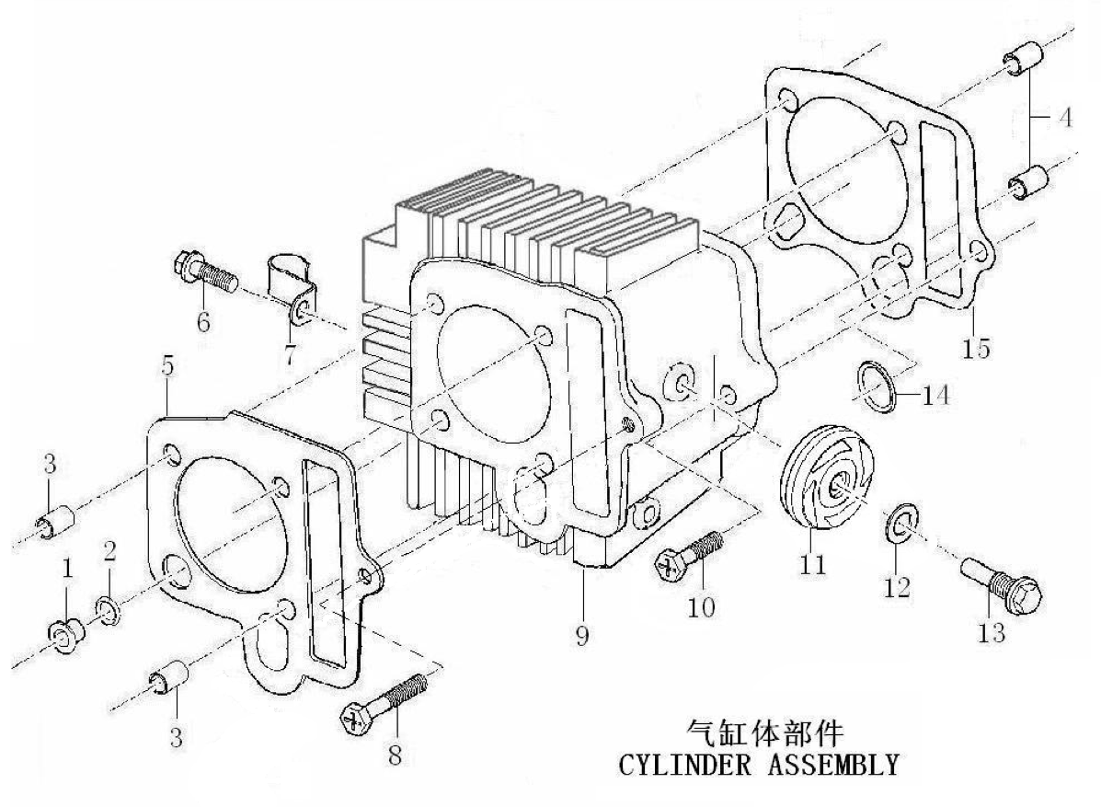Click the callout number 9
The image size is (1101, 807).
pos(582,635)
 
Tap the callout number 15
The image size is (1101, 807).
pos(976,348)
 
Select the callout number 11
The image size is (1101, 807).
pos(812,563)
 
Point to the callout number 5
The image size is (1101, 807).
pos(167,365)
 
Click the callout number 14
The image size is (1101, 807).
pos(935,396)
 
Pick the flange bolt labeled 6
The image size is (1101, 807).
pos(204,272)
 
